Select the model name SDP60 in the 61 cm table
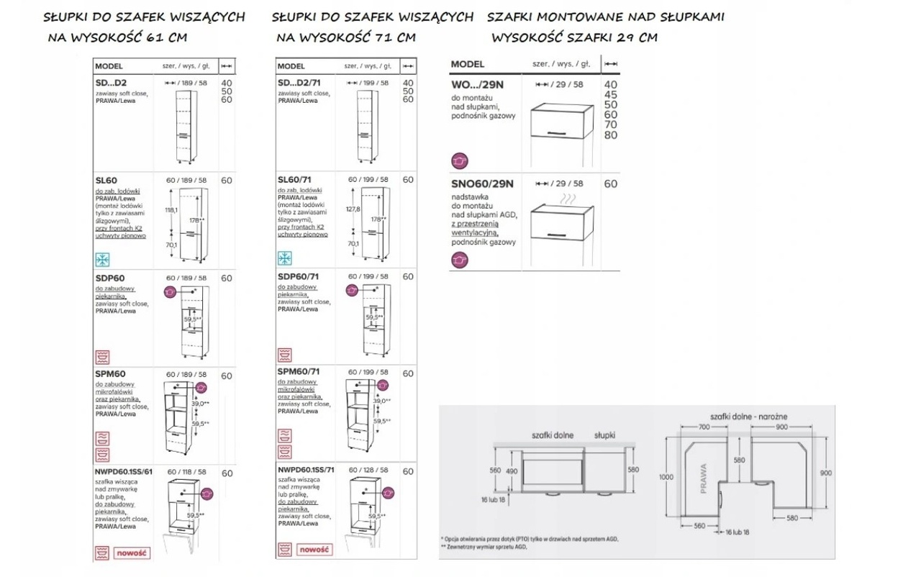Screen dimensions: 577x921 tap(109, 278)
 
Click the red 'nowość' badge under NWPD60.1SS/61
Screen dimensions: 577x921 tap(131, 553)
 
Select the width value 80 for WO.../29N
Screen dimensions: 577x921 tap(611, 135)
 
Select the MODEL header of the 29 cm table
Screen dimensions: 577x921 tap(467, 64)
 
